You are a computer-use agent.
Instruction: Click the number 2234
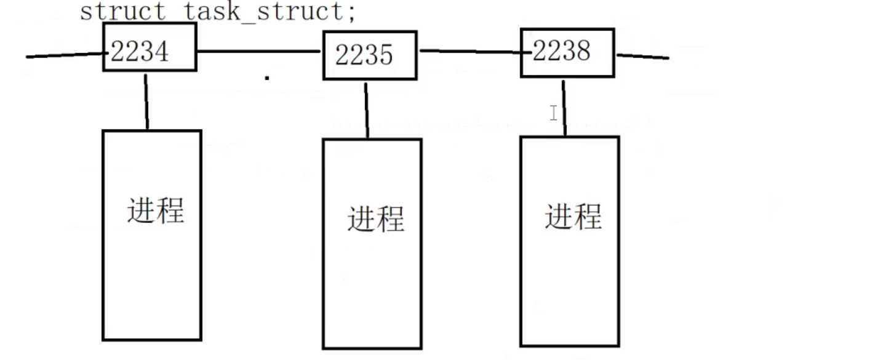pos(140,52)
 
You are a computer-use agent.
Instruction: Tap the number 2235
pos(364,56)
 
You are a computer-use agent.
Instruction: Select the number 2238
pos(561,51)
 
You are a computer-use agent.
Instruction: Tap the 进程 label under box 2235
pos(375,218)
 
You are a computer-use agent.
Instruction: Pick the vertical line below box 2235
pos(367,110)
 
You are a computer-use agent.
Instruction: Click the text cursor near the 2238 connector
pos(554,113)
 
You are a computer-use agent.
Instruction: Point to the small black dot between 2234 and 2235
pos(267,78)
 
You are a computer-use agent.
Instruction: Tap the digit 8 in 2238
pos(582,51)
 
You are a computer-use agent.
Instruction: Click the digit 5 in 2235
pos(385,56)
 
